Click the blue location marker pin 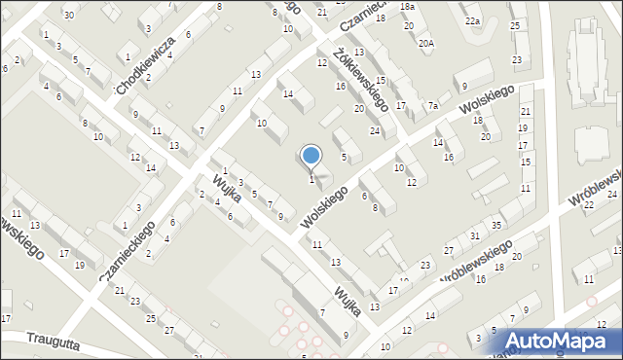311,156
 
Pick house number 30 68,15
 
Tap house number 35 495,226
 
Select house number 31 474,236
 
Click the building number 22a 472,20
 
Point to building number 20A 426,43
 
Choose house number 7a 433,105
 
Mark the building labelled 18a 408,7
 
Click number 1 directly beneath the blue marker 311,179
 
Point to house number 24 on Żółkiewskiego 375,130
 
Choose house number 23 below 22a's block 516,59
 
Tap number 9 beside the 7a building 464,89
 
